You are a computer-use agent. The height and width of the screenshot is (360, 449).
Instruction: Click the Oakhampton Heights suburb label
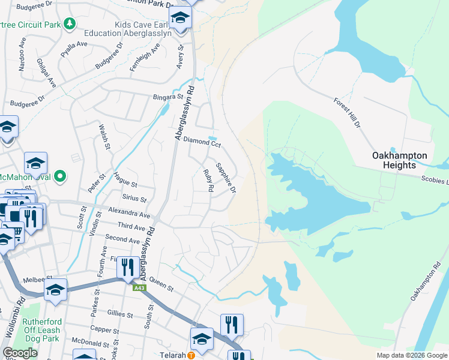(399, 160)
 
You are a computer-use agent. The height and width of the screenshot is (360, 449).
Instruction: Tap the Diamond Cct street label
(202, 142)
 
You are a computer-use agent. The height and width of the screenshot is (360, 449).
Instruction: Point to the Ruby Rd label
(208, 180)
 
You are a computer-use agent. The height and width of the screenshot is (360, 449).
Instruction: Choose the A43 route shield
(139, 288)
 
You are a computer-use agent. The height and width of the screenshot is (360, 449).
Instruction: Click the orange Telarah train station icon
(191, 355)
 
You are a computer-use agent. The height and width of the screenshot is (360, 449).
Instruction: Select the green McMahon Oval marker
(59, 176)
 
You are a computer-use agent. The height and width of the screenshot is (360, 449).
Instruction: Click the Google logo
(20, 353)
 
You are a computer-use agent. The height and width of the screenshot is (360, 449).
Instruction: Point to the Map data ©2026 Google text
(411, 355)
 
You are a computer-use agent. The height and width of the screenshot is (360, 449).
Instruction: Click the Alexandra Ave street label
(129, 212)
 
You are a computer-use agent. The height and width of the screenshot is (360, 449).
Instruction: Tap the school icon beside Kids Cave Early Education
(179, 18)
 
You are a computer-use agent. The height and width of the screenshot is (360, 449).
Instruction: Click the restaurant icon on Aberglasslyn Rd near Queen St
(127, 267)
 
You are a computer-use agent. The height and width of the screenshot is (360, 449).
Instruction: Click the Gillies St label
(120, 314)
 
